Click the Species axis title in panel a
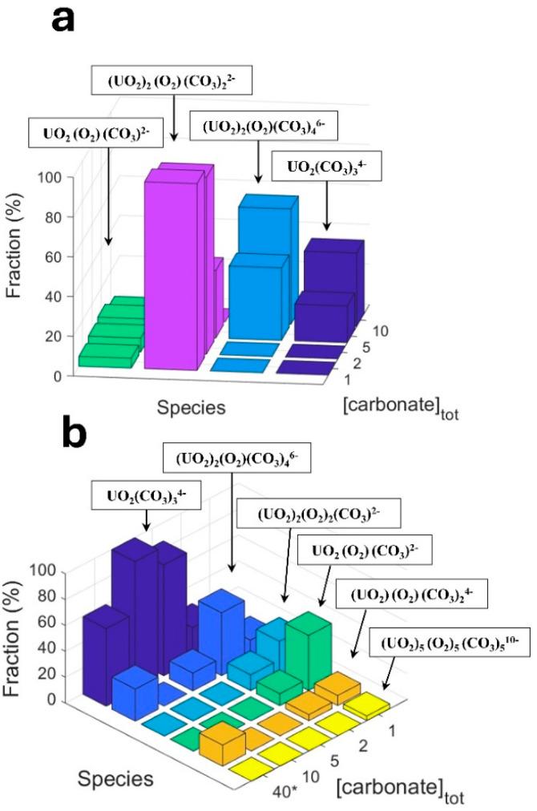188,407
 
